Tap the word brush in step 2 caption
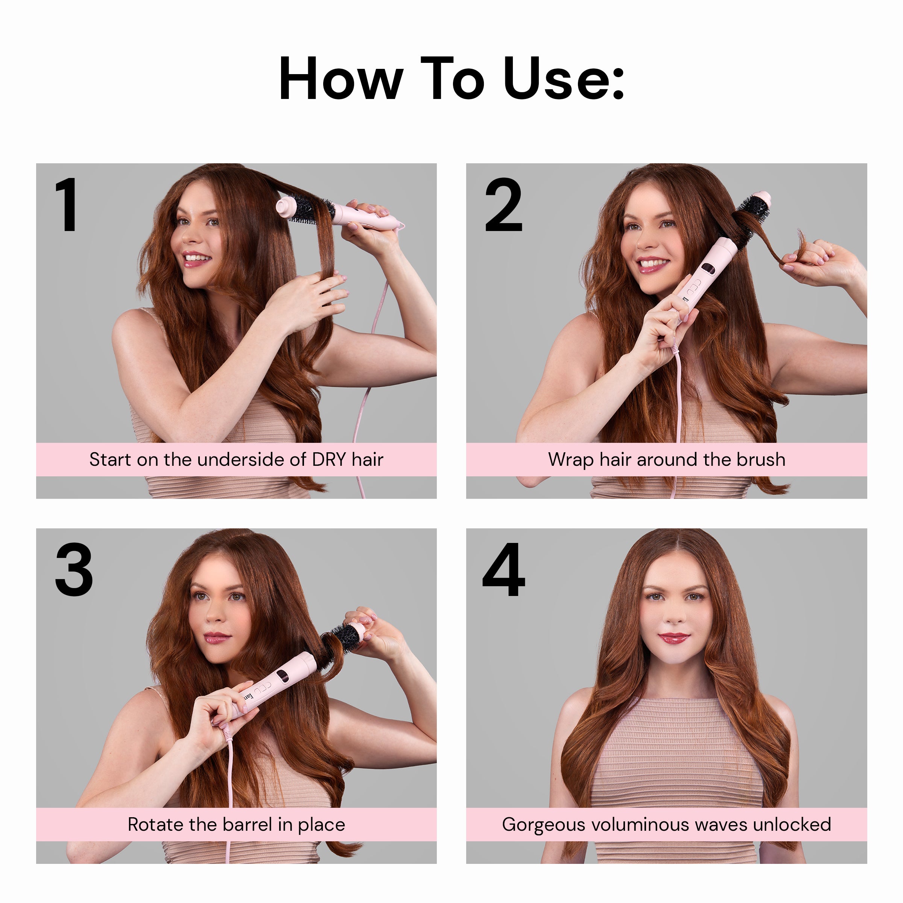[760, 459]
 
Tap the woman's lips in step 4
[673, 638]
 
